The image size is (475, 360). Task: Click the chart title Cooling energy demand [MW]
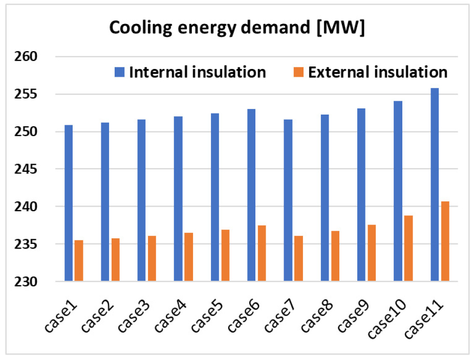237,29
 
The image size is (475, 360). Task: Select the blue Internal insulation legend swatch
121,72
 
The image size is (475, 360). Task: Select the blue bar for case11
435,185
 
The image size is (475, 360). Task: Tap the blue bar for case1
69,203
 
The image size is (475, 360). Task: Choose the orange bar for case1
79,261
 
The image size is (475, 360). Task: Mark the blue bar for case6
251,195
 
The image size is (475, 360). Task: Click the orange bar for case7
298,258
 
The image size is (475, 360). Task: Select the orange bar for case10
408,248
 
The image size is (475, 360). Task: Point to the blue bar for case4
178,199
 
